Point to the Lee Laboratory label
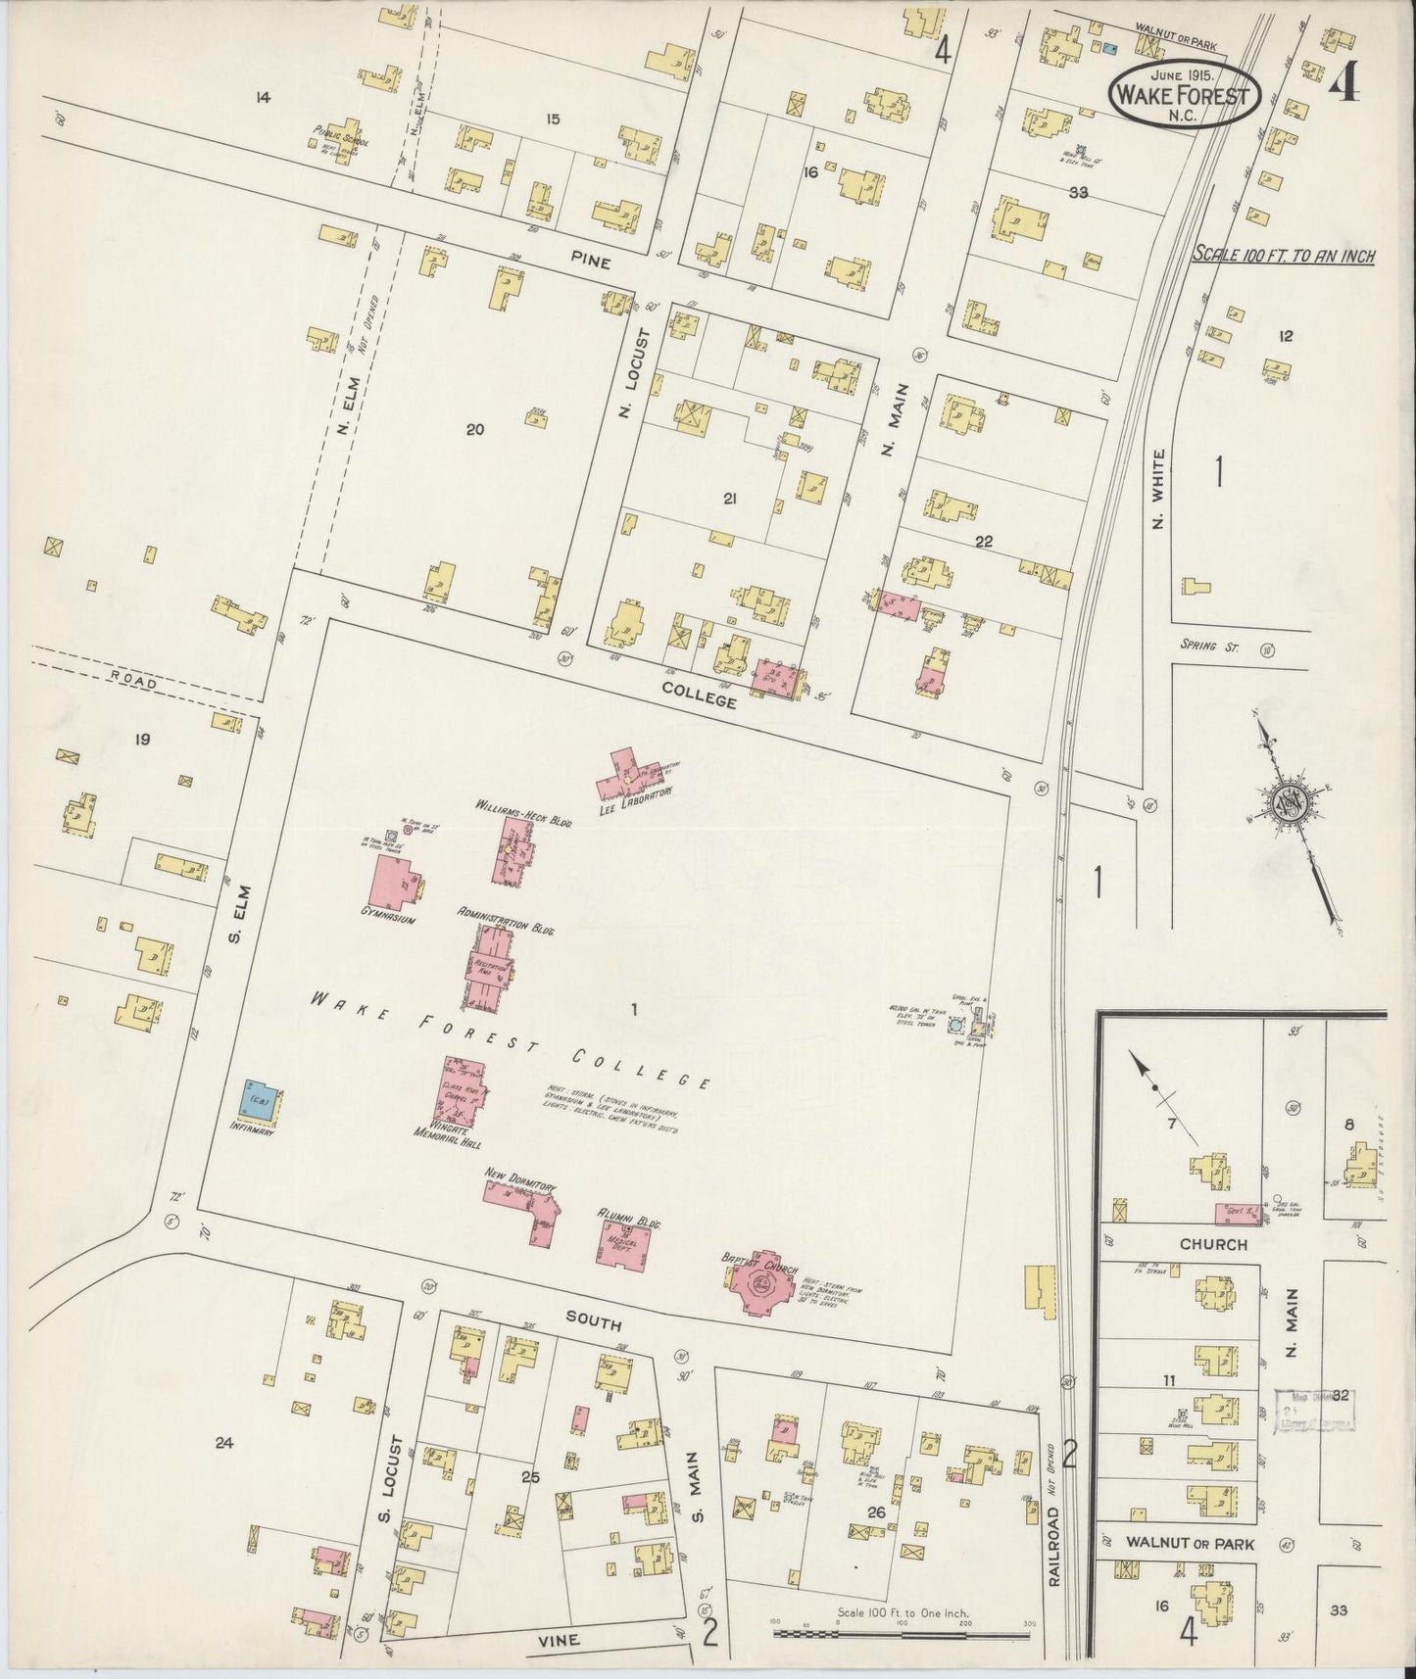tap(640, 796)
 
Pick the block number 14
tap(261, 97)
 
